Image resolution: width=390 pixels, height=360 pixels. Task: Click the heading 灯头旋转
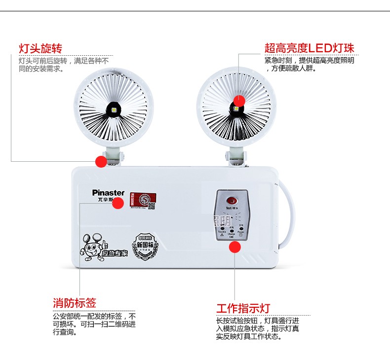(40, 48)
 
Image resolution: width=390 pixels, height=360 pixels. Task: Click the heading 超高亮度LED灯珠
(309, 48)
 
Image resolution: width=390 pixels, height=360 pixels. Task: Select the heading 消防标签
(75, 303)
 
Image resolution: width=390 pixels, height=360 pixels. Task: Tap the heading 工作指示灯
(243, 309)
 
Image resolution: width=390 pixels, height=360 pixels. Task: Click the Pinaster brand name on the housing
(108, 193)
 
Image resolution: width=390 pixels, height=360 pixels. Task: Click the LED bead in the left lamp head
(114, 109)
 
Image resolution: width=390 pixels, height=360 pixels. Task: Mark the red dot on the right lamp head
(239, 101)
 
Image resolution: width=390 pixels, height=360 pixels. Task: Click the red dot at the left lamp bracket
(101, 161)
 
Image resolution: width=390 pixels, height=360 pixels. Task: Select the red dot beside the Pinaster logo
(117, 203)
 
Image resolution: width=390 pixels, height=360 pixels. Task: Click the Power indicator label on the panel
(241, 231)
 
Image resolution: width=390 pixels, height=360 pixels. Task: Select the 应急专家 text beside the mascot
(114, 253)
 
